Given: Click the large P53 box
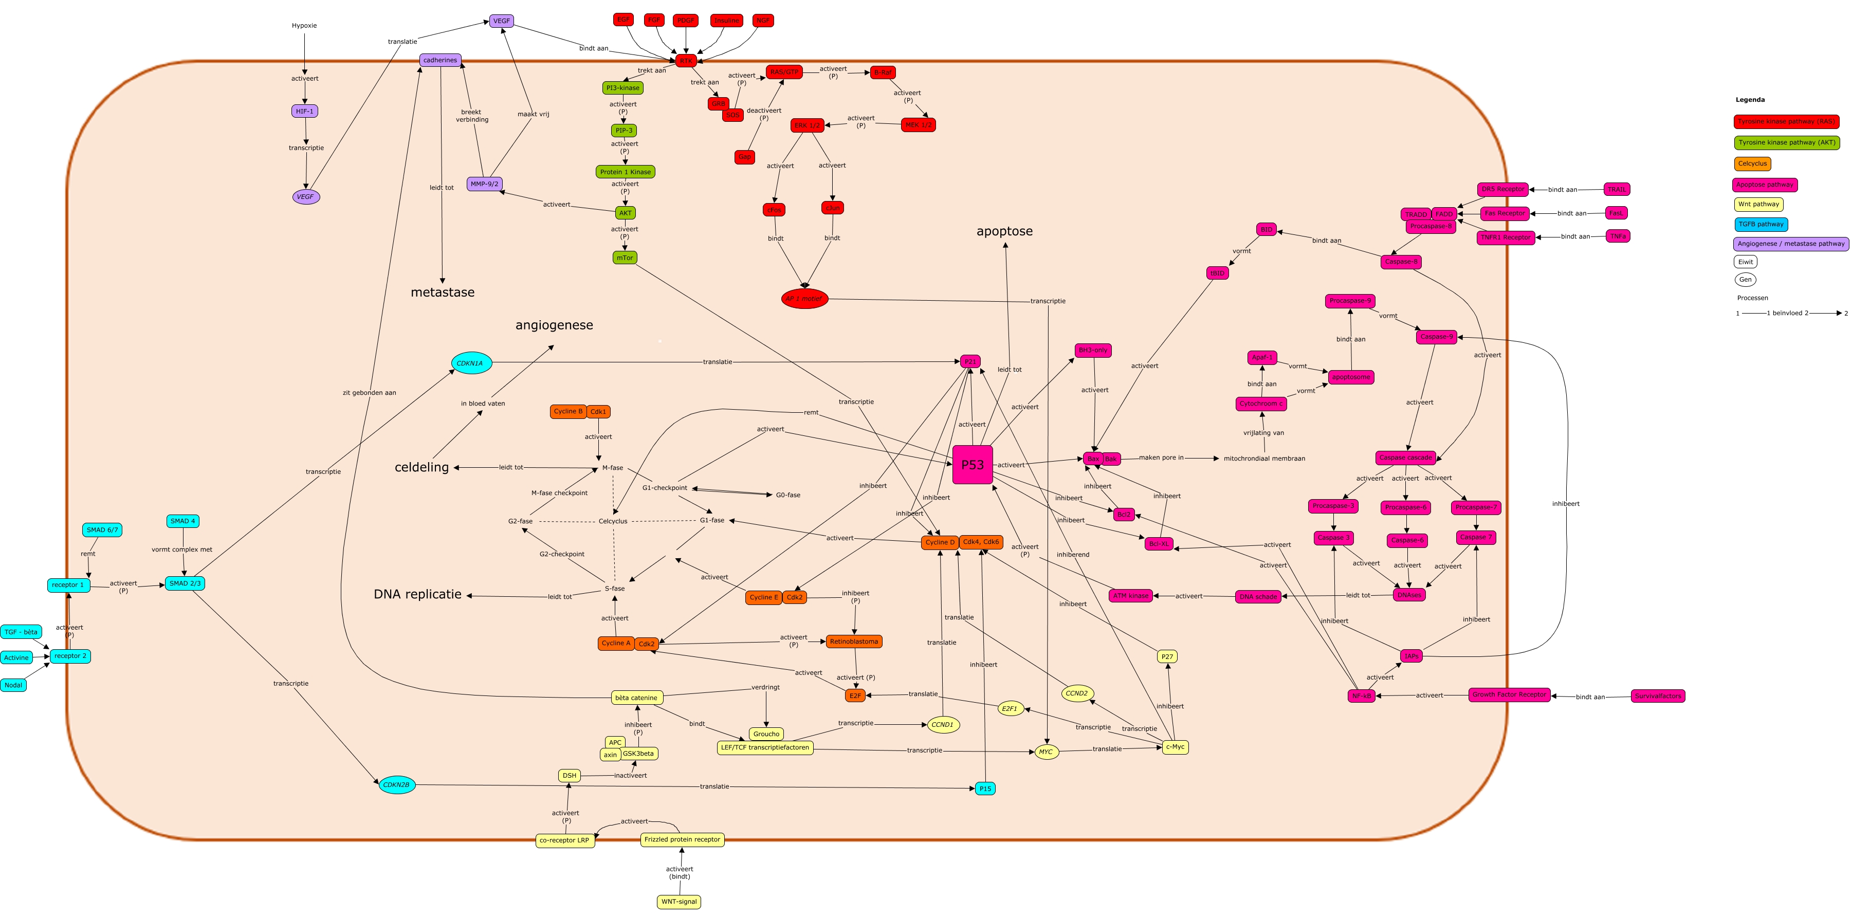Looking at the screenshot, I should pos(972,465).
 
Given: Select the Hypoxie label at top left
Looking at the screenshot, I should pos(304,26).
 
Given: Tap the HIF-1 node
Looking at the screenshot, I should pos(305,112).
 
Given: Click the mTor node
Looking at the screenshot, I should pos(625,258).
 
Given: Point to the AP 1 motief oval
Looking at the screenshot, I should pos(804,298).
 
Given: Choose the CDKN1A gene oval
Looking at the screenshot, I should pos(471,363).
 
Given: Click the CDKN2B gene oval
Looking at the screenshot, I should pos(397,784).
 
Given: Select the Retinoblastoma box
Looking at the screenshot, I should pos(854,642).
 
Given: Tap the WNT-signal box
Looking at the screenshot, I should pos(679,902).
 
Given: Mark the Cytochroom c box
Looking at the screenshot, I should pos(1261,404).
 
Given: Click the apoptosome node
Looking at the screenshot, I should pos(1351,377).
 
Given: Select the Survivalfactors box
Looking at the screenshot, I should pos(1658,696).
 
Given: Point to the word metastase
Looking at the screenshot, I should pos(442,292).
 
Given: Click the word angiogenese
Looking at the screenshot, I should pos(554,325).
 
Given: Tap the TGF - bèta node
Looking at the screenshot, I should pos(21,632).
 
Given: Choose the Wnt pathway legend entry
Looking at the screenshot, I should pos(1758,204).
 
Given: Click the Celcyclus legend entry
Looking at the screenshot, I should pos(1753,164).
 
